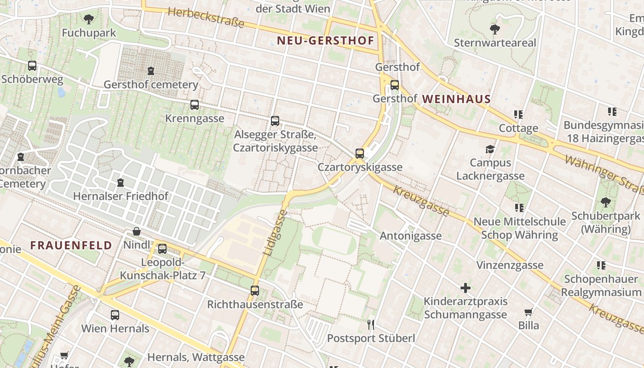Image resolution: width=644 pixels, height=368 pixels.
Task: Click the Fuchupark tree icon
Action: click(89, 19)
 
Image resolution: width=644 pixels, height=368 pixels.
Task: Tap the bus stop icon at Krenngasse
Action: click(195, 105)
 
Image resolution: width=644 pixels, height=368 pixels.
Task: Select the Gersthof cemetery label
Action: click(151, 85)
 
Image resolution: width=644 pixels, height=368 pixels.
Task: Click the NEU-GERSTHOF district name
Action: click(325, 41)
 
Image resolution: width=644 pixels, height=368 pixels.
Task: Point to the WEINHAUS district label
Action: click(456, 99)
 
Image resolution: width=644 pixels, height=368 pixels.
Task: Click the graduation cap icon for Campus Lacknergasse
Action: click(490, 149)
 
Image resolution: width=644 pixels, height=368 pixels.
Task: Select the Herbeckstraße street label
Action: click(206, 17)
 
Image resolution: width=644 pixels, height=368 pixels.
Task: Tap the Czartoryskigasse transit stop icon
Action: click(360, 154)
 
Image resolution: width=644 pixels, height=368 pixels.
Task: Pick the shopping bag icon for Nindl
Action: click(137, 231)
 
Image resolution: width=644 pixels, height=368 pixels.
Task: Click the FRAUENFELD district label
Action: click(71, 246)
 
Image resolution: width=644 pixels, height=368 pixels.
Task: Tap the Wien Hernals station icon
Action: click(115, 315)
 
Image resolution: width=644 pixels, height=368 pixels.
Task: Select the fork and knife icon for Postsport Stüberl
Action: click(371, 325)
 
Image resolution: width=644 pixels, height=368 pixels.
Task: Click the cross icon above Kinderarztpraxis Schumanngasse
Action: click(466, 288)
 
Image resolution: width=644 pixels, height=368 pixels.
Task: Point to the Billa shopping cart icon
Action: click(529, 312)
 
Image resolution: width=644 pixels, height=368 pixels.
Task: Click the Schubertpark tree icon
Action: click(605, 202)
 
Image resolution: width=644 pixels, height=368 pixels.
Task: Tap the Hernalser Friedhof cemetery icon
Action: click(121, 183)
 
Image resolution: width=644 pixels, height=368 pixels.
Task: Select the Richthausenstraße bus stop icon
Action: click(255, 291)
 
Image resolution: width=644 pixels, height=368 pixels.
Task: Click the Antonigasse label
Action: click(410, 236)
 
